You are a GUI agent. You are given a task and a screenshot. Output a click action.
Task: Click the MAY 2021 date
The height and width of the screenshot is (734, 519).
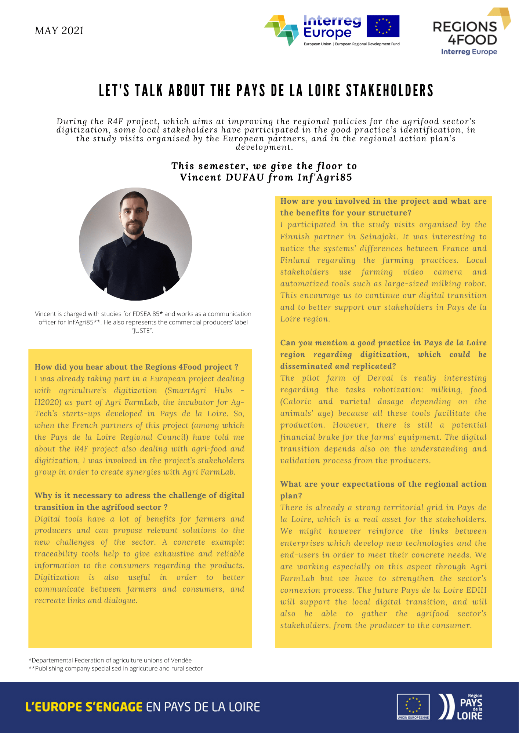pos(59,30)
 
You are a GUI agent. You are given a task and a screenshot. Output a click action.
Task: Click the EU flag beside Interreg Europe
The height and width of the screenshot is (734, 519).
pos(383,26)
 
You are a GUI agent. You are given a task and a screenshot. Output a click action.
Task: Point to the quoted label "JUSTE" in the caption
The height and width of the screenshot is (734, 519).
pos(142,331)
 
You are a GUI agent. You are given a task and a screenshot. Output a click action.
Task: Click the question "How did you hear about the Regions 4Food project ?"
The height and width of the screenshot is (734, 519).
pos(136,367)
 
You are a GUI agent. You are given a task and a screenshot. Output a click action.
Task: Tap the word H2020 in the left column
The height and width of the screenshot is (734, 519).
pos(48,402)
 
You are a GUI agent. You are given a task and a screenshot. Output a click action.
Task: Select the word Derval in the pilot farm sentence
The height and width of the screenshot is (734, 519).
pos(380,378)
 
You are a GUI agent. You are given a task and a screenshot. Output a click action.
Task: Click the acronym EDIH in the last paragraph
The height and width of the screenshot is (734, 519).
pos(476,590)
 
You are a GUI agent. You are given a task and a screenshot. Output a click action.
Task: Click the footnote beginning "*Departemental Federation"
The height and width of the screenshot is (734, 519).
pos(110,660)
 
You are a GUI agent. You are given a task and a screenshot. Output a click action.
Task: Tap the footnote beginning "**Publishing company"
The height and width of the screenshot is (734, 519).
pos(116,668)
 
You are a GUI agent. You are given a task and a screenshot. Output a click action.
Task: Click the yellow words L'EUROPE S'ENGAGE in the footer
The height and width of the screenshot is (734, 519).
pos(84,707)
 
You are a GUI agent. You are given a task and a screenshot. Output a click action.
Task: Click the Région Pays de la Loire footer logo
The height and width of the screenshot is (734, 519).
pos(461,706)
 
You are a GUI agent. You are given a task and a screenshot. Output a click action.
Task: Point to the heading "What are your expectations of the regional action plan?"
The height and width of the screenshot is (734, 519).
pos(383,490)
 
